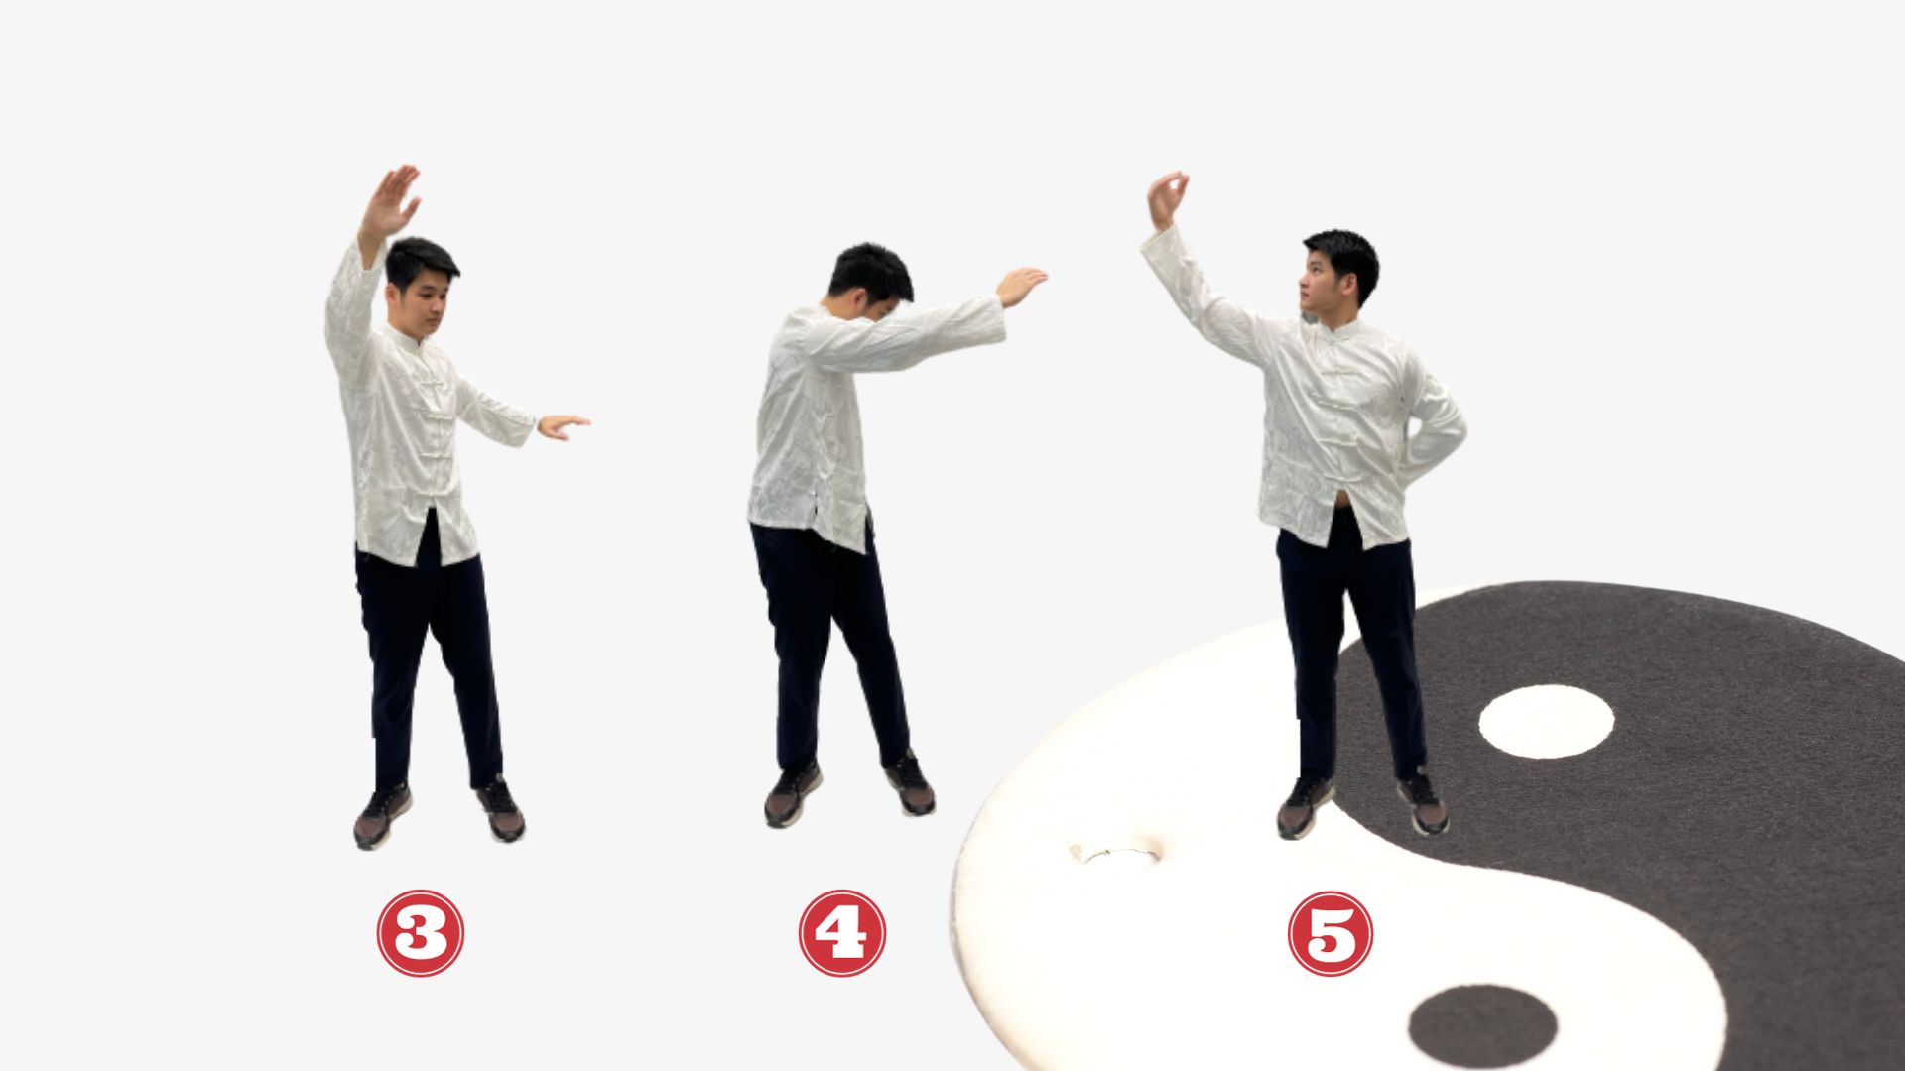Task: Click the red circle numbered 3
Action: tap(420, 933)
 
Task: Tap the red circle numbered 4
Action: tap(842, 933)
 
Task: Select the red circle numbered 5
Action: tap(1331, 933)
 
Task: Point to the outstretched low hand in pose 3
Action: tap(563, 425)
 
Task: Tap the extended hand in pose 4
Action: tap(1021, 286)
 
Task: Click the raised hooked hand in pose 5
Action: tap(1168, 199)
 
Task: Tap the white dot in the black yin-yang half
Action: tap(1546, 721)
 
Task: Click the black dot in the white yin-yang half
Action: tap(1482, 1025)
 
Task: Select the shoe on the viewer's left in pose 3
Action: tap(382, 815)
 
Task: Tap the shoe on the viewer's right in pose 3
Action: tap(501, 809)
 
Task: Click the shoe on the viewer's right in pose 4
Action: tap(910, 783)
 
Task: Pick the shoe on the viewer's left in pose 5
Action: tap(1303, 807)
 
